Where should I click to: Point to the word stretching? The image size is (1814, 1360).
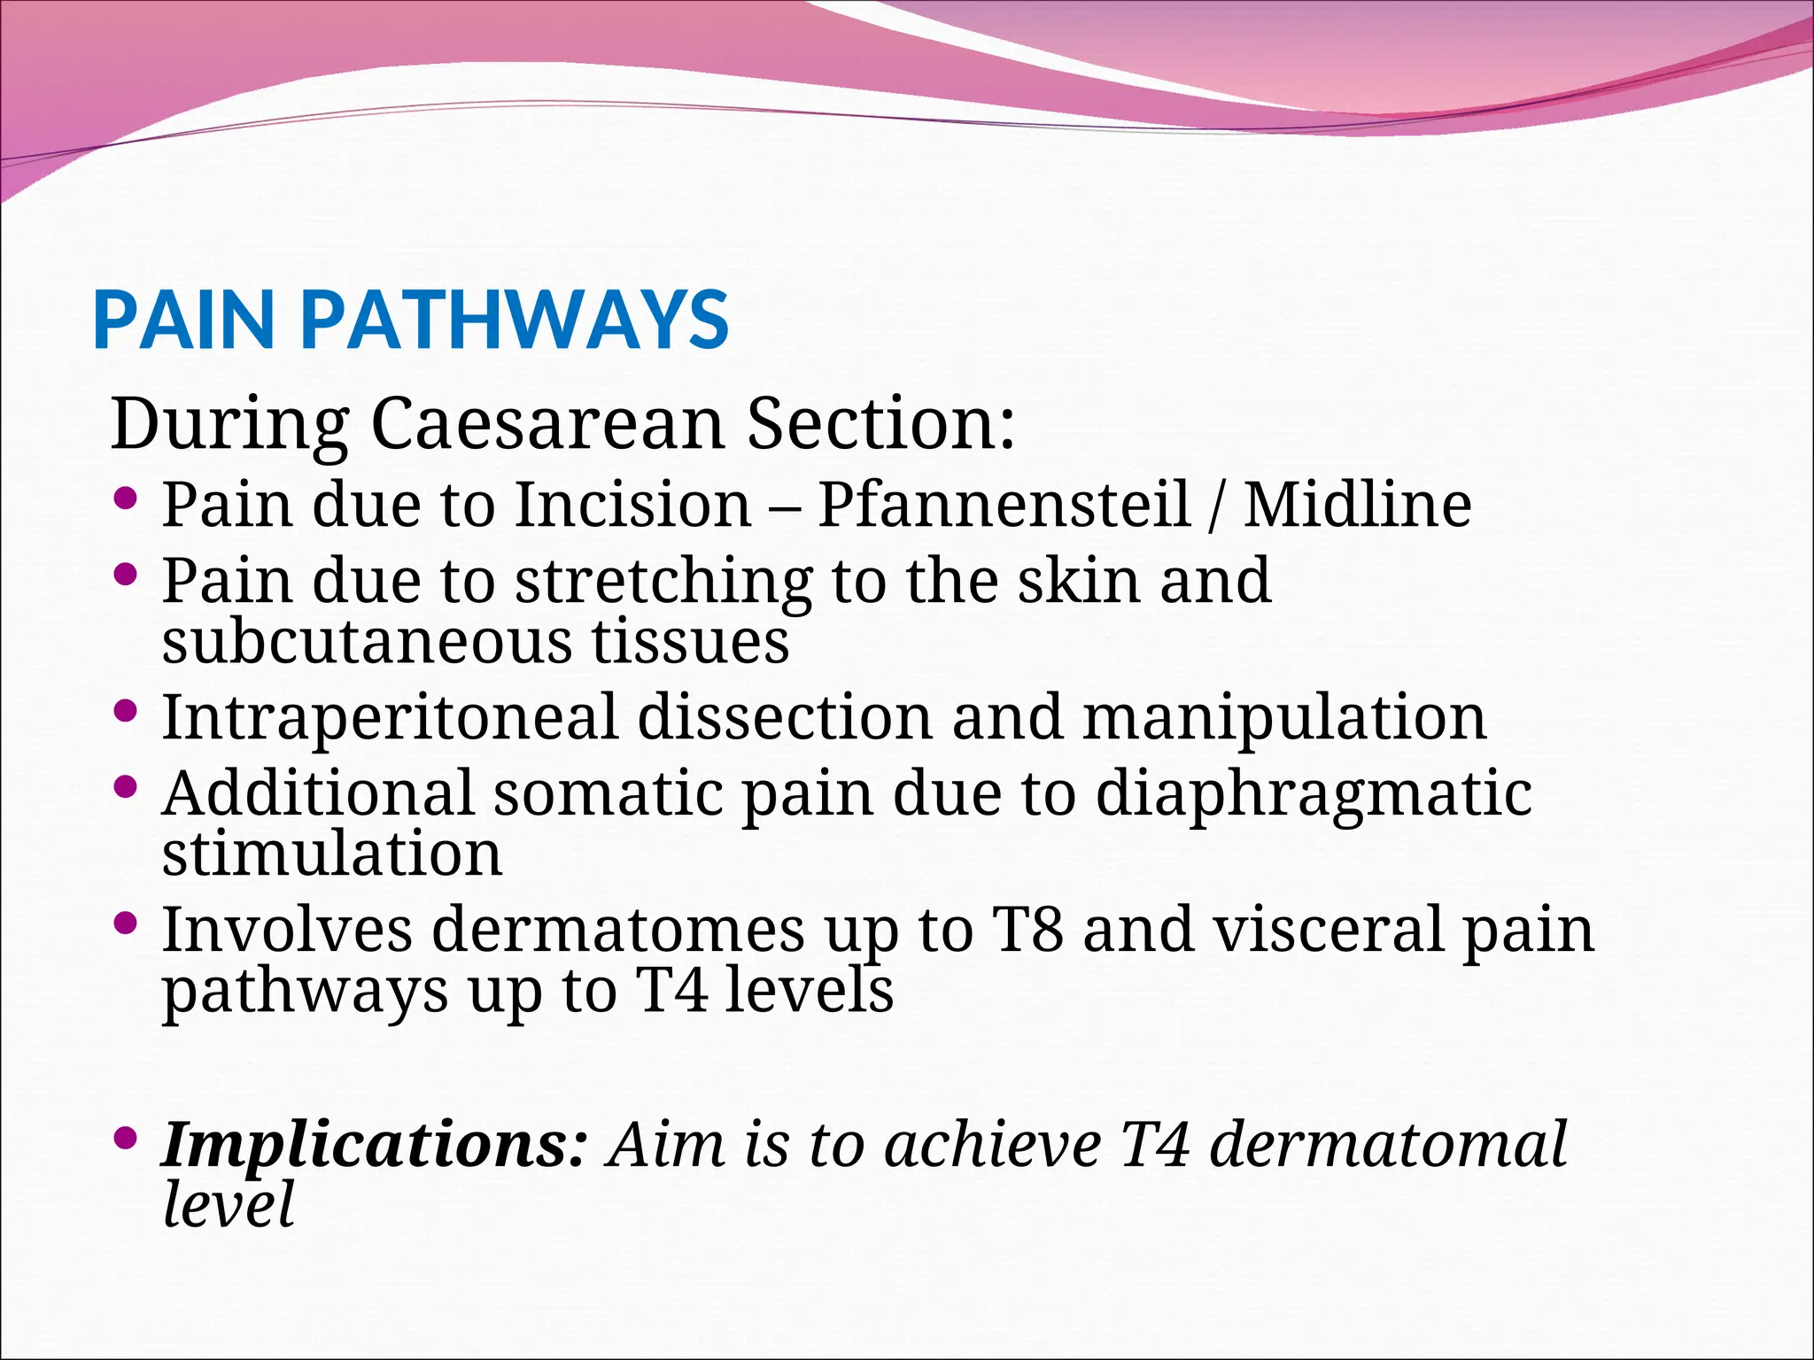(x=663, y=583)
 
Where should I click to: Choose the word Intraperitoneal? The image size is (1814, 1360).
(x=389, y=716)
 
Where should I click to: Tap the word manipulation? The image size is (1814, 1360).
(x=1284, y=716)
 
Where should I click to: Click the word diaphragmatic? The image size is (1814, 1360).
(x=1314, y=794)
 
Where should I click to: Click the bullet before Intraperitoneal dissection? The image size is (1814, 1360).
(x=126, y=710)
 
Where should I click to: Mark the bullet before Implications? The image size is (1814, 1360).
(x=126, y=1137)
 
